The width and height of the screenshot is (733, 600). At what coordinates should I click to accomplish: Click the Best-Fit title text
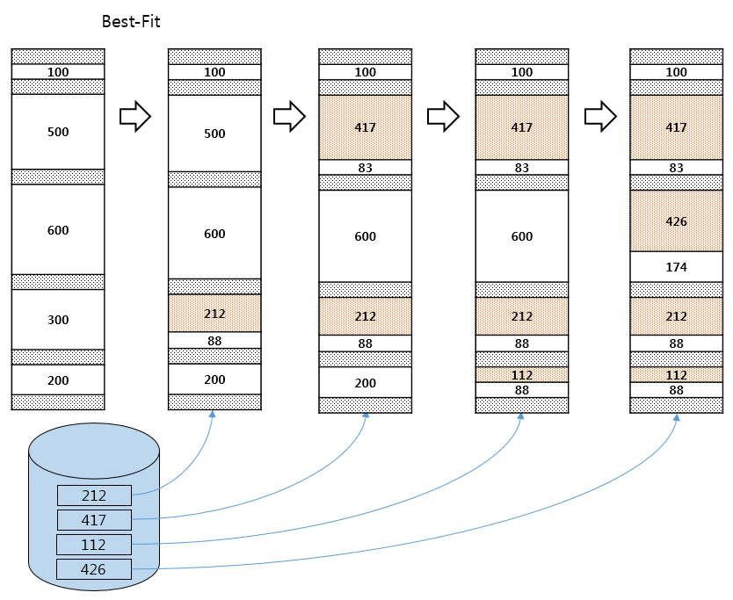coord(131,21)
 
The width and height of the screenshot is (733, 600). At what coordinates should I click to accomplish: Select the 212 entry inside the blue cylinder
coord(94,495)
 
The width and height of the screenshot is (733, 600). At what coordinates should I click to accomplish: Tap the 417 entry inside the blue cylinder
coord(94,520)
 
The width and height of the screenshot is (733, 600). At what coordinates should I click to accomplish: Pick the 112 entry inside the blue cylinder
coord(94,545)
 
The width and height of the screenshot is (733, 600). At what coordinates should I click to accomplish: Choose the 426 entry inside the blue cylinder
coord(94,569)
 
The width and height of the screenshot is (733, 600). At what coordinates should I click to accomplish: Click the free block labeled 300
coord(58,320)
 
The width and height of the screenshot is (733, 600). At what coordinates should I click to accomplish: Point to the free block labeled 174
coord(676,267)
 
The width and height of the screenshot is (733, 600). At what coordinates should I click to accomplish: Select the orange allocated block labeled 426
coord(676,221)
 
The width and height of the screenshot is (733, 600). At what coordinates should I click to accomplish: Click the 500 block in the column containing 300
coord(58,132)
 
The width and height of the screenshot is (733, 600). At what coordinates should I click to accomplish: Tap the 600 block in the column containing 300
coord(58,230)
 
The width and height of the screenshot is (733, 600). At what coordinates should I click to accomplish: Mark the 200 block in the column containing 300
coord(58,380)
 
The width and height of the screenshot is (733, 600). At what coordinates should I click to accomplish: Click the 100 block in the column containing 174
coord(676,72)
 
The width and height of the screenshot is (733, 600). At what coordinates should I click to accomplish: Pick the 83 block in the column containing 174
coord(676,168)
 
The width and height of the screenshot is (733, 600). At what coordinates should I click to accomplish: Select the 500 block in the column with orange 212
coord(214,134)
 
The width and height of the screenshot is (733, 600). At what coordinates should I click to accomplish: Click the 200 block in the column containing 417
coord(365,383)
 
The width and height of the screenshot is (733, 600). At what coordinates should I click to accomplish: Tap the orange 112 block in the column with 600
coord(522,375)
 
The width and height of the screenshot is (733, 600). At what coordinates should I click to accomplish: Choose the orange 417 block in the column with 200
coord(365,127)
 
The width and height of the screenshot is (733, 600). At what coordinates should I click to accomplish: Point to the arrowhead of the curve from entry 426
coord(676,416)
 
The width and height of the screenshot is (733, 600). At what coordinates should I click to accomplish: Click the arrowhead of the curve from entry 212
coord(212,414)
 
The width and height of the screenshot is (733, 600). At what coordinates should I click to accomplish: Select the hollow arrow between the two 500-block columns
coord(135,116)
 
